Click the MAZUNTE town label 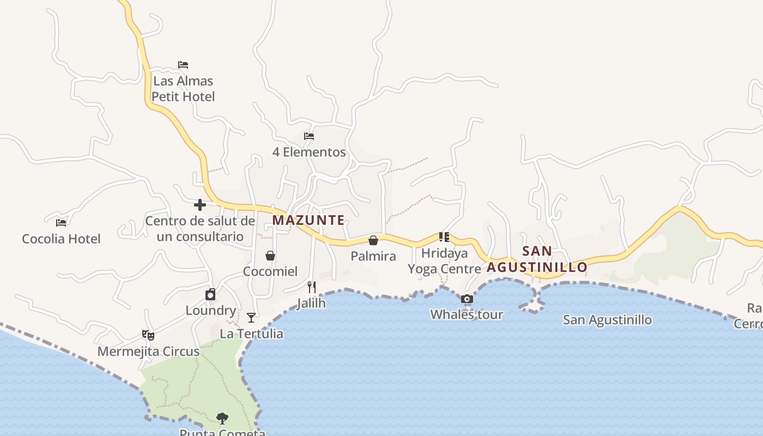[308, 220]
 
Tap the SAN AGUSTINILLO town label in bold [537, 259]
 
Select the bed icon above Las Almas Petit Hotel [183, 65]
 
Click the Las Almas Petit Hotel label [183, 89]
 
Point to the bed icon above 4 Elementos [309, 136]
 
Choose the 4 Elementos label [309, 152]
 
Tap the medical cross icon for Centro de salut [200, 205]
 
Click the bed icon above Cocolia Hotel [61, 223]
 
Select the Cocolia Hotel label [61, 239]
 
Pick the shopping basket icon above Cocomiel [270, 256]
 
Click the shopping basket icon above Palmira [373, 240]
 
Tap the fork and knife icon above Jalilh [311, 287]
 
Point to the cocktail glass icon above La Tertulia [251, 318]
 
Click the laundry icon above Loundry [210, 295]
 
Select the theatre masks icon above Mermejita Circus [148, 335]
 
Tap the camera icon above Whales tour [467, 299]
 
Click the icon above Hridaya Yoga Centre [444, 237]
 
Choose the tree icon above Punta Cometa [222, 419]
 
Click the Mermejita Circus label [148, 352]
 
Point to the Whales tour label [467, 314]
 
